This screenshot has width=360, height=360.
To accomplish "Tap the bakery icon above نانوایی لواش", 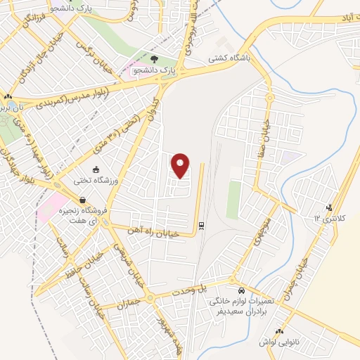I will (279, 331).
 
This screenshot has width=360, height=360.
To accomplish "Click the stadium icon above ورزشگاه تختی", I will (97, 169).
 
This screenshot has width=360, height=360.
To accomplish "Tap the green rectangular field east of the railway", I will (233, 199).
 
